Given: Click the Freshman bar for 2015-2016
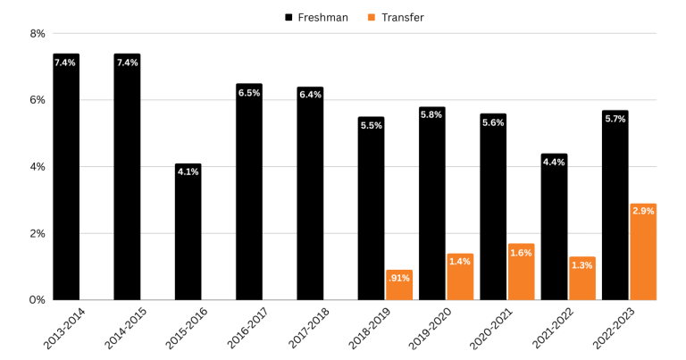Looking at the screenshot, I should [188, 232].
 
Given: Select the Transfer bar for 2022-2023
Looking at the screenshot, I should [643, 252].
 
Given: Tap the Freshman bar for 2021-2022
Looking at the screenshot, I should [554, 228].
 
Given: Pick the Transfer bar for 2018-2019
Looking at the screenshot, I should [399, 285].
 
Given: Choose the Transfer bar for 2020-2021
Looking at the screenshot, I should [522, 272].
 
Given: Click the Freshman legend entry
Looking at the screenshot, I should [316, 17].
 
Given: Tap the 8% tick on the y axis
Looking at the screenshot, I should [38, 34].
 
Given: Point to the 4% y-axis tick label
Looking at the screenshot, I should [38, 167].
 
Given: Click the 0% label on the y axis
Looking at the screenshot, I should [38, 300].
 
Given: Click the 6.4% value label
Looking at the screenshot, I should [310, 95].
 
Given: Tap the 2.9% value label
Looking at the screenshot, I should [643, 211].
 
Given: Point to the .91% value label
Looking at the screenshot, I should [399, 278].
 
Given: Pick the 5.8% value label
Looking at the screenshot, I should [432, 115].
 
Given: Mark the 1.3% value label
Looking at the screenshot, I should [582, 265].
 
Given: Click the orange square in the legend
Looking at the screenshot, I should [371, 17].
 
